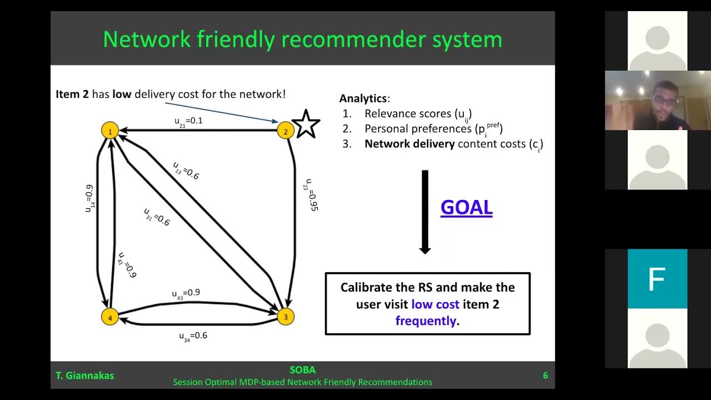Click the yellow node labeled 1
(110, 131)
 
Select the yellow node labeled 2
(286, 131)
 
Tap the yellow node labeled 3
(286, 317)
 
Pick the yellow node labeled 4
(110, 317)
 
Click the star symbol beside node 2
(306, 124)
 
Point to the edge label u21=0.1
(188, 121)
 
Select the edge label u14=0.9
(89, 199)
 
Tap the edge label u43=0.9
(186, 293)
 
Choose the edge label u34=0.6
(193, 336)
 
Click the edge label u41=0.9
(127, 265)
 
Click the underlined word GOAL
(466, 207)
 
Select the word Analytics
(363, 98)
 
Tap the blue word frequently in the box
(425, 321)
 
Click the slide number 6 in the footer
(545, 376)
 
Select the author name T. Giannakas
(84, 376)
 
